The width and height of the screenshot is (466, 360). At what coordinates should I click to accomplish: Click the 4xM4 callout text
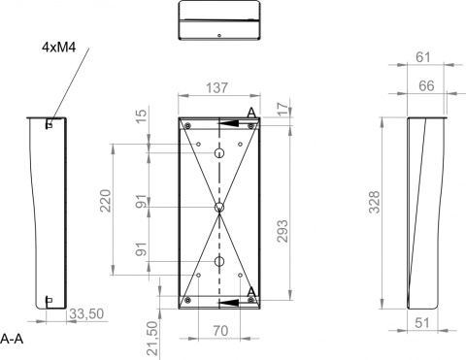[x=59, y=48]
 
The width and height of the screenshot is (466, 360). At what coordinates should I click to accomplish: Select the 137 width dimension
[x=217, y=87]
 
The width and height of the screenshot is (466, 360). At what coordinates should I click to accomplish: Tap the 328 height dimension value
[x=375, y=202]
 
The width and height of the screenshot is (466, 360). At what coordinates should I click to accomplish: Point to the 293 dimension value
[x=283, y=231]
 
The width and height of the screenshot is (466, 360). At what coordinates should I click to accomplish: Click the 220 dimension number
[x=105, y=201]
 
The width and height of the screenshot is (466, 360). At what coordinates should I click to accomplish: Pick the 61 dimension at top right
[x=423, y=57]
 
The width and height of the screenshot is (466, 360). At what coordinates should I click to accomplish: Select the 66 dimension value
[x=426, y=85]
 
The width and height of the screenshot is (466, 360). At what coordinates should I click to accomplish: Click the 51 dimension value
[x=422, y=323]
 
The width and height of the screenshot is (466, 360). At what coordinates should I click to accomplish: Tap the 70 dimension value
[x=220, y=331]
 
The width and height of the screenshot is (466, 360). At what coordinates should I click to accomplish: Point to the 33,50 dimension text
[x=87, y=313]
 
